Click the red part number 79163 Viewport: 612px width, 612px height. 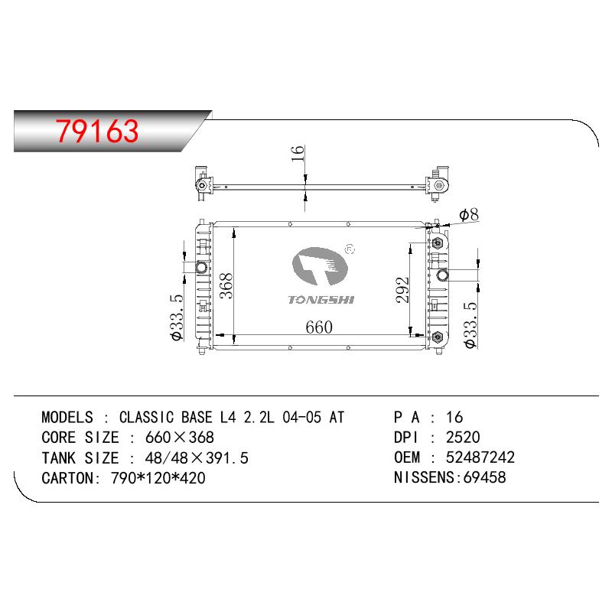pyautogui.click(x=97, y=131)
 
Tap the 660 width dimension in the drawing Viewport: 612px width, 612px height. pyautogui.click(x=319, y=327)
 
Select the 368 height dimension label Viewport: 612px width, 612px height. pyautogui.click(x=226, y=286)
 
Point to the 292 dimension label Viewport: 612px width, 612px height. pyautogui.click(x=402, y=290)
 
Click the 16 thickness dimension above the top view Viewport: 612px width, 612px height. pyautogui.click(x=298, y=154)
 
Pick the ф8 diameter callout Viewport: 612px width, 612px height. pyautogui.click(x=469, y=215)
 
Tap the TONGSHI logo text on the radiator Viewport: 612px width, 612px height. pyautogui.click(x=321, y=300)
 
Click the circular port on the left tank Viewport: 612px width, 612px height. pyautogui.click(x=201, y=267)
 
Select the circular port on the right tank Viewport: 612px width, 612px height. pyautogui.click(x=443, y=275)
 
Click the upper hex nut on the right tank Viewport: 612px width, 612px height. pyautogui.click(x=438, y=243)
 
